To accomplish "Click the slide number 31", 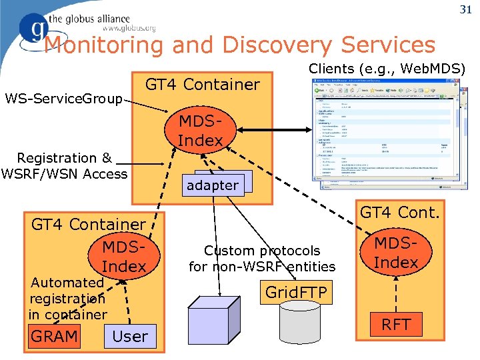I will (465, 9).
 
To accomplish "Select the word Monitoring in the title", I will (103, 45).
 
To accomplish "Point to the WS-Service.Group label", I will (64, 99).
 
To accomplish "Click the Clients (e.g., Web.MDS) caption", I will (387, 68).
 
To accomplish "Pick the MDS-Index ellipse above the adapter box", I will (200, 131).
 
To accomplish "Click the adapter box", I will (213, 185).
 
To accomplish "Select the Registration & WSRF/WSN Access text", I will (64, 166).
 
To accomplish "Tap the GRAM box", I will (54, 336).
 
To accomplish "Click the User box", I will (130, 336).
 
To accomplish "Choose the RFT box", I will (396, 325).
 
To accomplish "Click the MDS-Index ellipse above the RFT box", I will (396, 254).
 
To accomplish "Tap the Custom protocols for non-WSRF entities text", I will (262, 259).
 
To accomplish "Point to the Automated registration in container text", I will (67, 298).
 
